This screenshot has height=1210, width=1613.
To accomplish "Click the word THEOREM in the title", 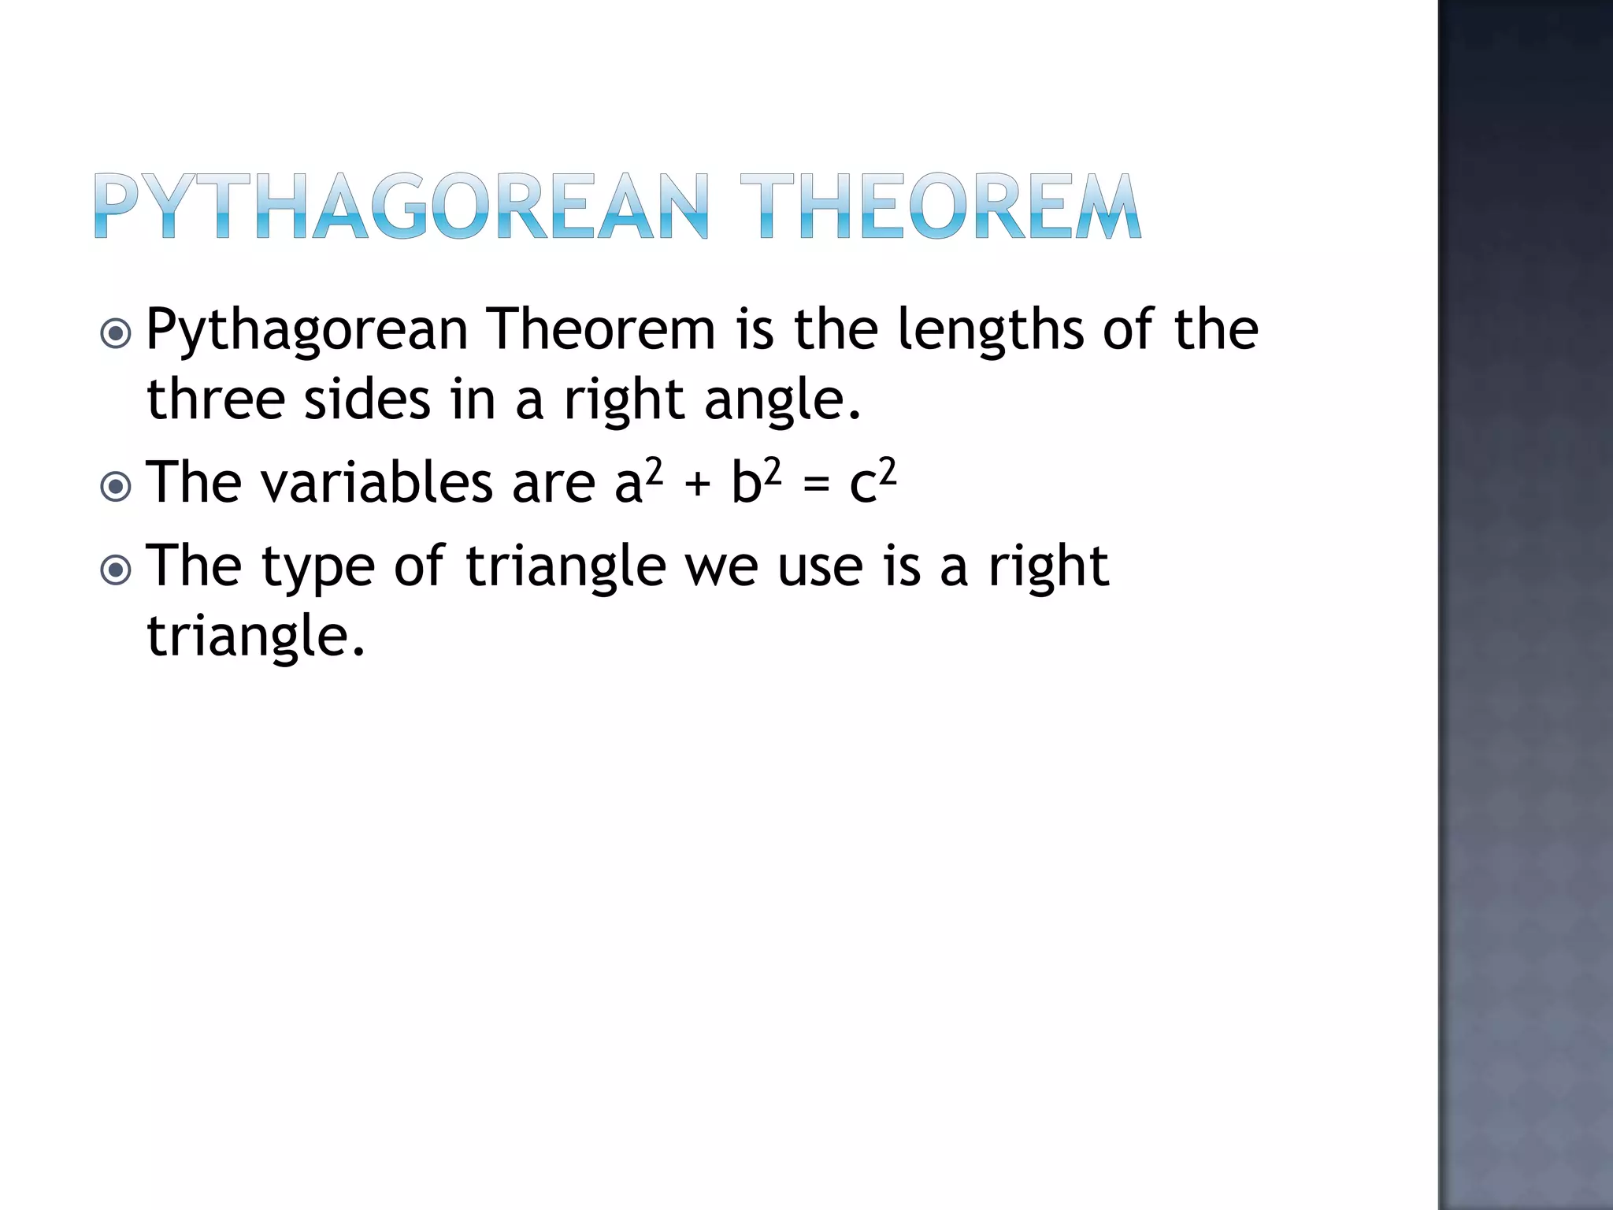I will point(940,206).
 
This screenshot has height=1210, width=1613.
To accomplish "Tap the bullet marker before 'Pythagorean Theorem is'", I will point(117,333).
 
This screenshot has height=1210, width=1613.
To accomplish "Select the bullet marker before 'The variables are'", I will point(117,486).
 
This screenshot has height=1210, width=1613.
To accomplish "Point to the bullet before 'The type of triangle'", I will point(117,569).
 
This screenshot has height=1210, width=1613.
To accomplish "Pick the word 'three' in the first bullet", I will point(215,399).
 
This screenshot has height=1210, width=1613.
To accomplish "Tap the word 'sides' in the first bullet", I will point(367,399).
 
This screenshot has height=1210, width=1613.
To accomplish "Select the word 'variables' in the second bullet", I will point(376,482).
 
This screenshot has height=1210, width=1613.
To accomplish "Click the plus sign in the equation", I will point(697,484).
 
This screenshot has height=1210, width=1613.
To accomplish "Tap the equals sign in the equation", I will point(816,484).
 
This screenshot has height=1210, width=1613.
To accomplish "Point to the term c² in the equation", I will point(873,481).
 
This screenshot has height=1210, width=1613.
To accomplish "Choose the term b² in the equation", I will point(756,481).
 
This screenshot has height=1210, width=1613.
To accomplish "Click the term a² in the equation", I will point(638,481).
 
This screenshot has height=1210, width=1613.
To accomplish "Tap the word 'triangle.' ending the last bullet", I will point(256,637).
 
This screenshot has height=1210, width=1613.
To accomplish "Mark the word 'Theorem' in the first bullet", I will point(600,329).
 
